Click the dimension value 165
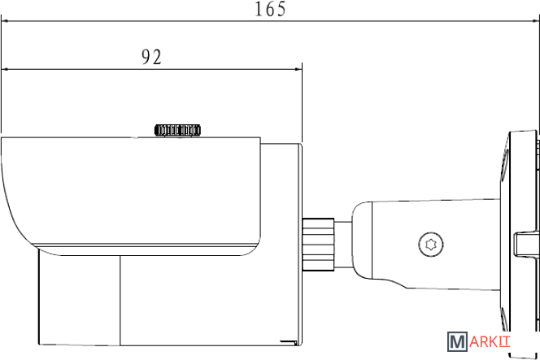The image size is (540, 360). pyautogui.click(x=270, y=10)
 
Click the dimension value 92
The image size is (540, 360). pyautogui.click(x=151, y=57)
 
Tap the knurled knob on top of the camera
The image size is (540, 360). pyautogui.click(x=178, y=129)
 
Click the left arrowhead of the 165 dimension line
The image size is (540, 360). pyautogui.click(x=7, y=23)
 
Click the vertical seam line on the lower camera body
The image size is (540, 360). pyautogui.click(x=120, y=301)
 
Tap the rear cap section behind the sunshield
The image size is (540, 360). pyautogui.click(x=281, y=195)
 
